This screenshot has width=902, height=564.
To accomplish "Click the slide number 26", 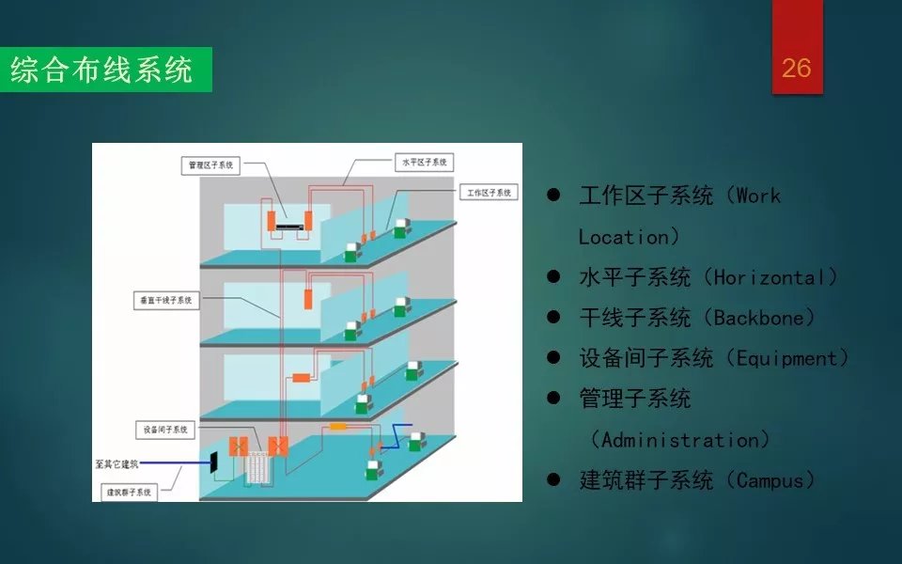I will click(x=796, y=68).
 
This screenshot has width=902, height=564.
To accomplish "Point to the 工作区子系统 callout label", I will click(x=487, y=193).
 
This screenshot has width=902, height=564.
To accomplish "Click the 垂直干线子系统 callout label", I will click(x=164, y=301).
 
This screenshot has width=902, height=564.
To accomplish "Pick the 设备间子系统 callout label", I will click(x=165, y=430).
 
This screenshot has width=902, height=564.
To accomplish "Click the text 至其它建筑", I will click(x=116, y=462).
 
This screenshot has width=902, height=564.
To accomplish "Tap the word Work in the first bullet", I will click(x=758, y=196).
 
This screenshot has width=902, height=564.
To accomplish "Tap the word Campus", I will click(x=770, y=480).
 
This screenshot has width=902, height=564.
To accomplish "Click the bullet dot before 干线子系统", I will click(x=554, y=318).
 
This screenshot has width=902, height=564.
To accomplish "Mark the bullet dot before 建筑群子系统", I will click(x=554, y=480).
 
